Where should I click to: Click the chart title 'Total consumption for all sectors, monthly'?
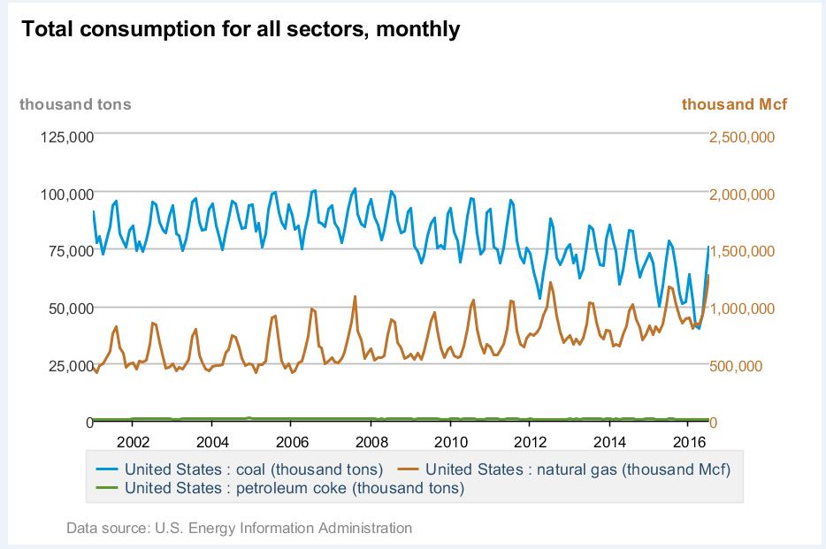click(241, 29)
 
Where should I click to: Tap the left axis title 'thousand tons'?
click(75, 104)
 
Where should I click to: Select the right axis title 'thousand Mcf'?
click(734, 104)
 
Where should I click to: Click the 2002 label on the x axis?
click(132, 441)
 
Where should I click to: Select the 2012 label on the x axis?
click(531, 441)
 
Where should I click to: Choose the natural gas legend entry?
click(579, 469)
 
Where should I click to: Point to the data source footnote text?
click(239, 529)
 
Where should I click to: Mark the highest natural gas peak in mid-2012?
click(550, 283)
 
